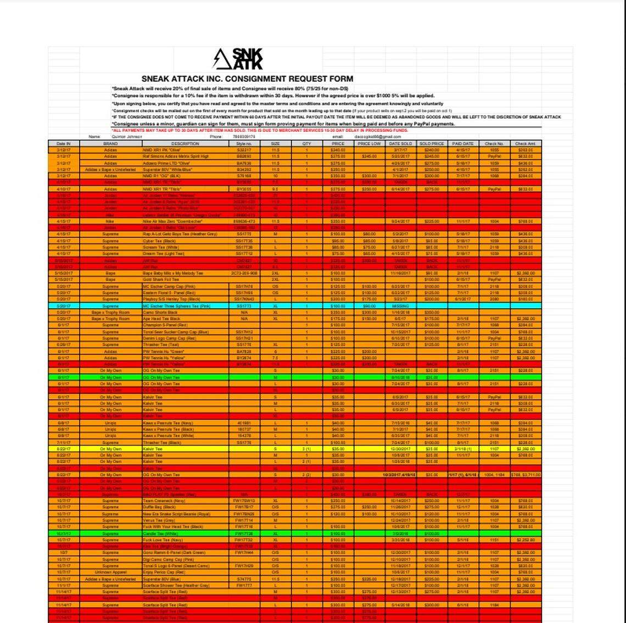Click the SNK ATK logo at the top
tap(238, 59)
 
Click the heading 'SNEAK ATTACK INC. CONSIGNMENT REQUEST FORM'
tap(247, 79)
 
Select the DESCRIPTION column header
tap(185, 143)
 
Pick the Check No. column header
tap(494, 143)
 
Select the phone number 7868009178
tap(244, 137)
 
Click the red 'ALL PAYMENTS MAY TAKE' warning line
tap(260, 131)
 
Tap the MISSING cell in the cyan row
tap(400, 306)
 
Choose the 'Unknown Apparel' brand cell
tap(110, 572)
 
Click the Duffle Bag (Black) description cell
tap(160, 507)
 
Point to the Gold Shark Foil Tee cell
tap(161, 280)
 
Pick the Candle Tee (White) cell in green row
tap(160, 533)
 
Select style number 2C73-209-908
tap(244, 273)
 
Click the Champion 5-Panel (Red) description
tap(165, 325)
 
